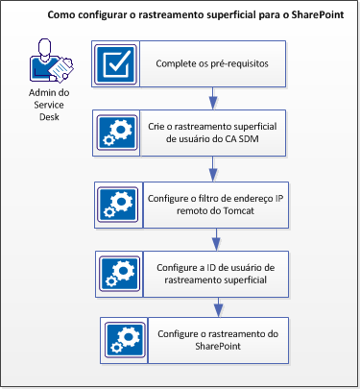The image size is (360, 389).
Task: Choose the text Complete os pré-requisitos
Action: click(x=210, y=64)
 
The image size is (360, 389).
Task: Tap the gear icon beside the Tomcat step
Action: click(x=121, y=204)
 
